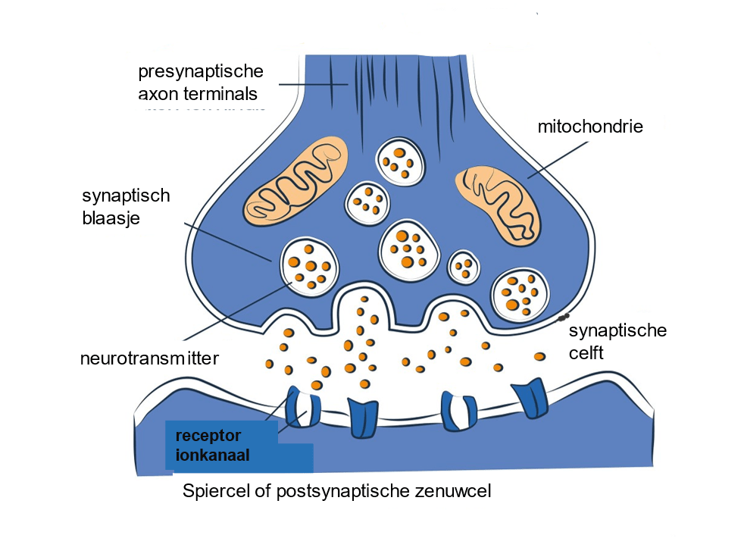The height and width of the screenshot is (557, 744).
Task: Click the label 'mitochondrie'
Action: [x=590, y=127]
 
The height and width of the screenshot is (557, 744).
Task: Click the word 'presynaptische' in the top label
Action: [x=201, y=72]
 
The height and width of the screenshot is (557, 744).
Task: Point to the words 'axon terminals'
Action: [x=198, y=94]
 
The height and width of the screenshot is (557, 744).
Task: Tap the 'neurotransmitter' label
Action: [x=149, y=358]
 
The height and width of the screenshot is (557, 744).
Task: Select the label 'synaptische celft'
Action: [x=617, y=341]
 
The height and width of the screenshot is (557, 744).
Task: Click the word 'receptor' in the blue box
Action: [x=208, y=436]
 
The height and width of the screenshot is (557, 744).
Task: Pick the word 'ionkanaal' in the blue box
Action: [x=213, y=455]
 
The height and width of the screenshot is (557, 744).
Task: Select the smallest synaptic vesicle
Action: [x=464, y=266]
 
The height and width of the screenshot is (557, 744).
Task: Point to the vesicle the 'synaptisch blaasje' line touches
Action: [x=310, y=265]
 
